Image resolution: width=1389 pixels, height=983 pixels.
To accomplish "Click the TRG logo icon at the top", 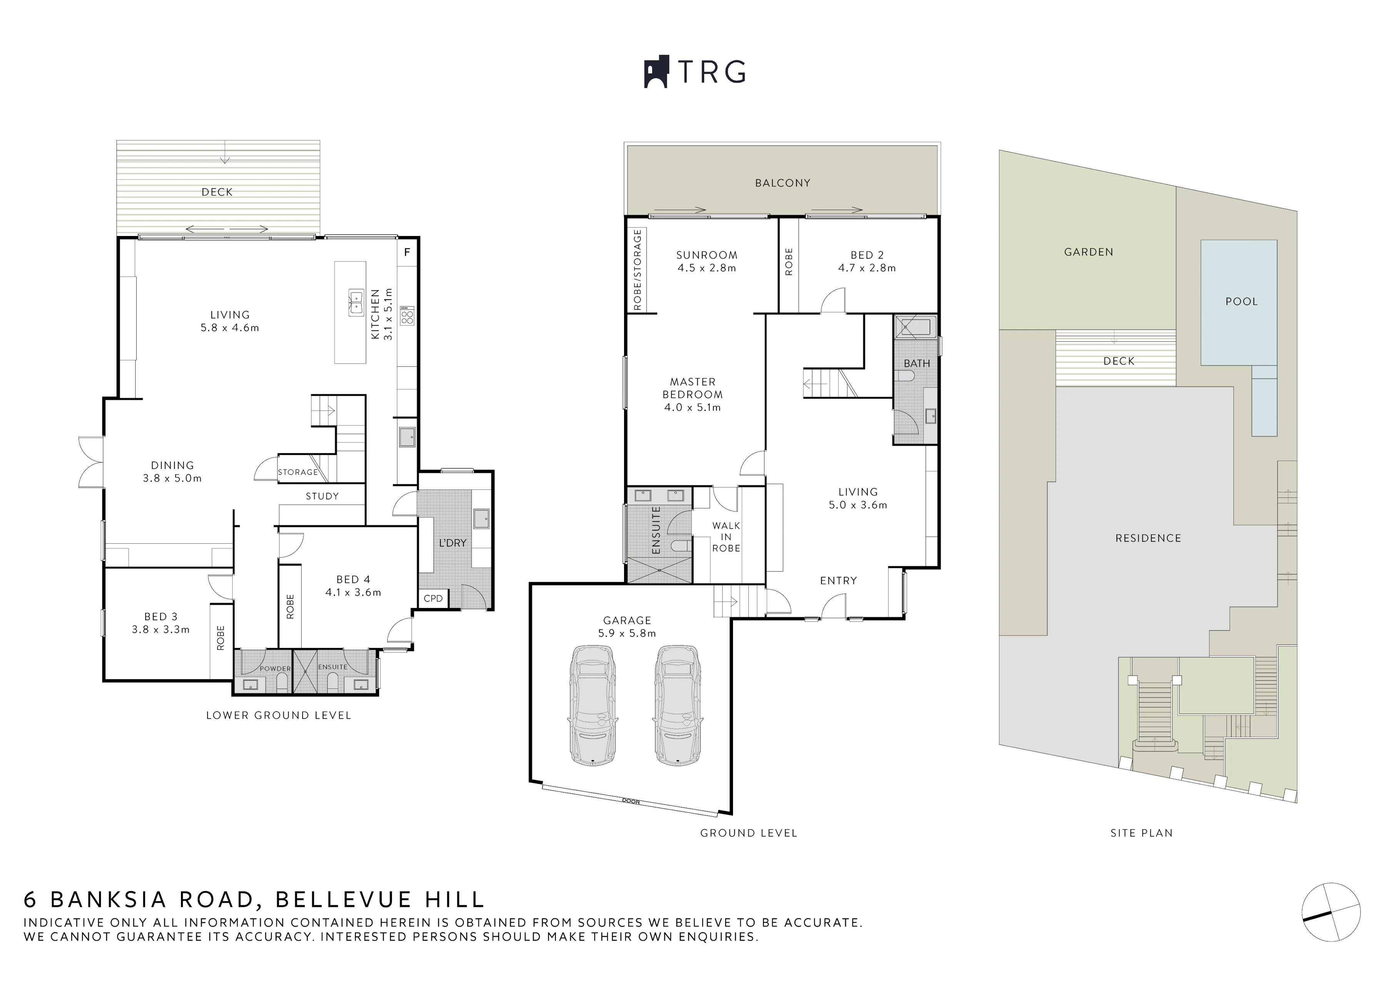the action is tap(656, 72).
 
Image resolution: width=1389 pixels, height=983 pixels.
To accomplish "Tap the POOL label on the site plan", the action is tap(1241, 301).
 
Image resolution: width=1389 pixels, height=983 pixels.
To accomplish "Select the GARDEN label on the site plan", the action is tap(1088, 252).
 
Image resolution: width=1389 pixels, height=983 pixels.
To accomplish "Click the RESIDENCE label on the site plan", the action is tap(1148, 538).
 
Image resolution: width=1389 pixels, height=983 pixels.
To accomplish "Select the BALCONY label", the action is tap(783, 183).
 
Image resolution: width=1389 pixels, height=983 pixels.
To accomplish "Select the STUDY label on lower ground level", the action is tap(322, 496).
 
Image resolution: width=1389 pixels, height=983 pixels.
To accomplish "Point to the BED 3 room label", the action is tap(161, 617).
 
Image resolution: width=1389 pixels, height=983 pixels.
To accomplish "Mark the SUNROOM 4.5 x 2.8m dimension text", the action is tap(706, 268).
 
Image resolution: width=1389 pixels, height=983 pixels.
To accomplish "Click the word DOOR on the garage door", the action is tap(631, 801).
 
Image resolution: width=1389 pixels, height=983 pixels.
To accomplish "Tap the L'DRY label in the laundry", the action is tap(453, 543).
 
